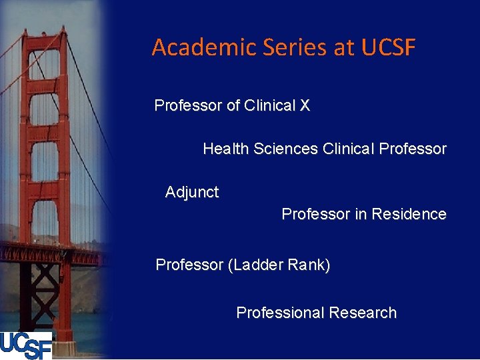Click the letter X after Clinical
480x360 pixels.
305,105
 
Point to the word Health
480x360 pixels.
226,149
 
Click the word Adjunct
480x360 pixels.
192,192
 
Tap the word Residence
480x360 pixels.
409,214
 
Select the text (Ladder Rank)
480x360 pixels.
279,265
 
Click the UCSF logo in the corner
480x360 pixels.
26,345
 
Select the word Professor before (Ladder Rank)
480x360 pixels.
190,265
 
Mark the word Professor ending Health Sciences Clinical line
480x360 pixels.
413,149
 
